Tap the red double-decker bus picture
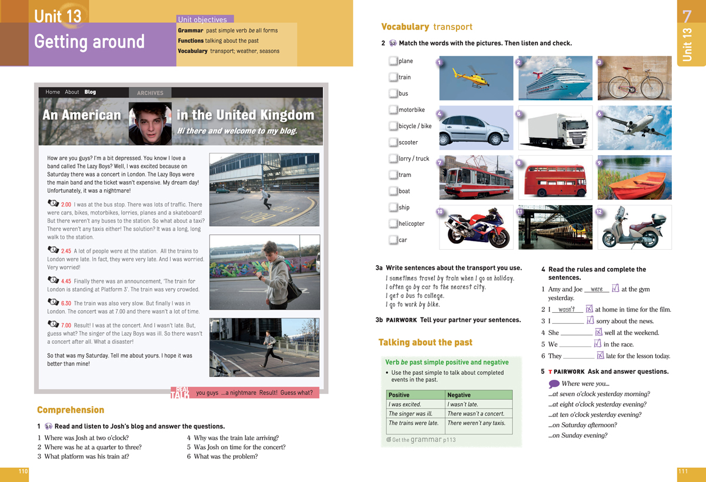click(x=555, y=177)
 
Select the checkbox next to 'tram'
click(x=393, y=175)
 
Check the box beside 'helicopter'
click(x=393, y=223)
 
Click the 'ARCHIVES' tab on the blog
click(x=150, y=93)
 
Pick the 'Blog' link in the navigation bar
click(x=90, y=92)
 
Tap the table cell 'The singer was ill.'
click(x=415, y=413)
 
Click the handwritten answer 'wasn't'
click(x=567, y=309)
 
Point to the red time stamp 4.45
click(x=66, y=281)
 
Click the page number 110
click(x=24, y=471)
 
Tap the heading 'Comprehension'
click(x=71, y=410)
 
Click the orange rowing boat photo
click(x=634, y=177)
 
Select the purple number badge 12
click(x=599, y=212)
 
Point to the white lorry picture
click(x=555, y=128)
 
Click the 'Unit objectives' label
click(x=202, y=19)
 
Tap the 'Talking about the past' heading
click(x=425, y=342)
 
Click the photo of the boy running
click(x=264, y=347)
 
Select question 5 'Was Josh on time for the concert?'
click(x=236, y=447)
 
